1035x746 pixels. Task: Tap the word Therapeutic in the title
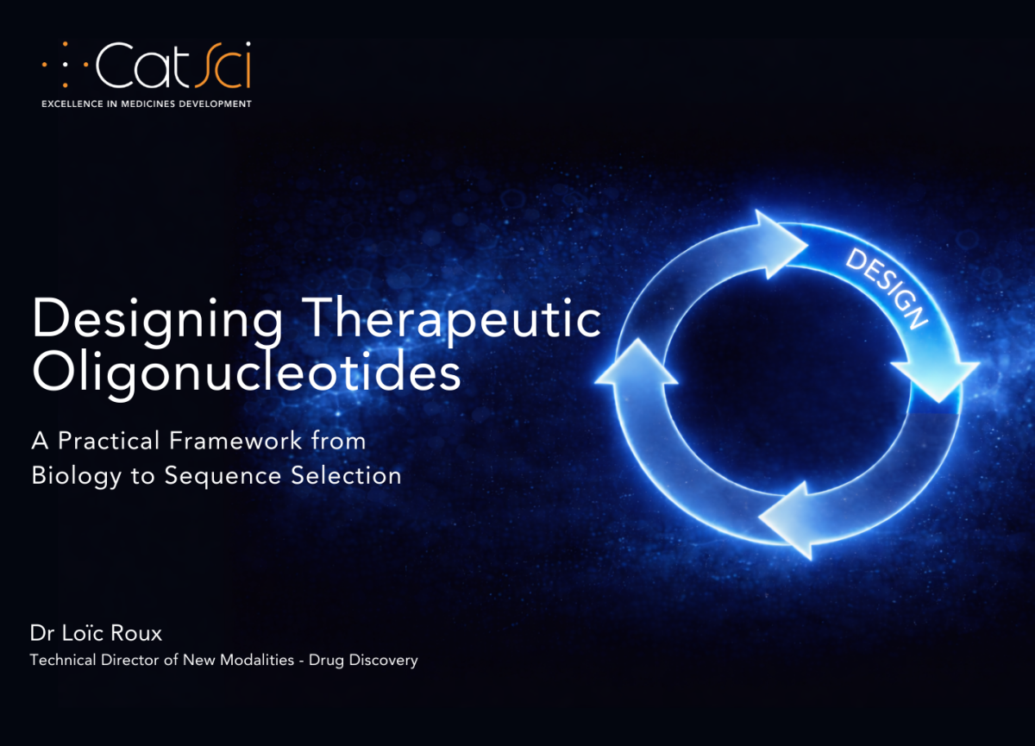455,319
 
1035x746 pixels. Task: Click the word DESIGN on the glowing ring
887,288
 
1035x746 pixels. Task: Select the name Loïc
82,633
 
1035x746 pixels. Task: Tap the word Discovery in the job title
385,661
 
